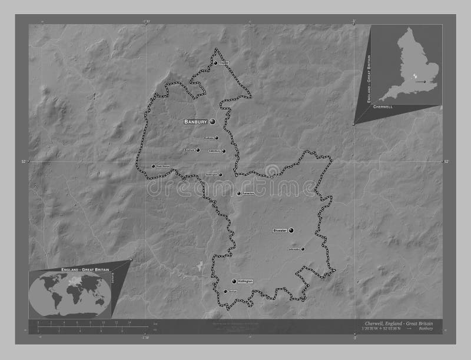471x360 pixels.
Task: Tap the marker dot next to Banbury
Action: pos(211,121)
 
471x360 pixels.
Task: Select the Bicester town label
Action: pos(279,231)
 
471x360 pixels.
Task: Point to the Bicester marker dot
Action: pos(291,231)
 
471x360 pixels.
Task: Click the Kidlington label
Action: pos(246,282)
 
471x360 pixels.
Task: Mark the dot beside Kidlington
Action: pos(234,282)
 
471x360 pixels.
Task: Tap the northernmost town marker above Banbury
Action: pos(216,63)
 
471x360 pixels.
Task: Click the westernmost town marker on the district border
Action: pos(153,166)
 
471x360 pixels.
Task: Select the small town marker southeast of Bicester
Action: pos(303,249)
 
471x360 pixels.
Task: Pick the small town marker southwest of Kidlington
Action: pos(225,291)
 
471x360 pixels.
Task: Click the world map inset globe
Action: pos(70,294)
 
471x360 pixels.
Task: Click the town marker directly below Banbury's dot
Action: pos(217,138)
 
